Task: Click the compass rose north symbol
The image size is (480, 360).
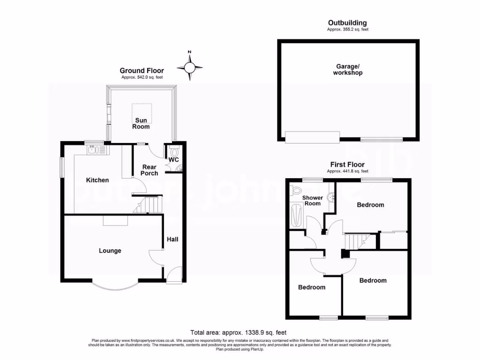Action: click(x=190, y=68)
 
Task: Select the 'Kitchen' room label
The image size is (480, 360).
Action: click(x=97, y=180)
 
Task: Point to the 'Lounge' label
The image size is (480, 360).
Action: click(x=110, y=251)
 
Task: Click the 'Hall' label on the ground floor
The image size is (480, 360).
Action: click(x=172, y=240)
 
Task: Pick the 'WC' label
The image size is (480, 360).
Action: click(x=174, y=160)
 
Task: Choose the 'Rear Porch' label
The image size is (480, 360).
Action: click(x=150, y=170)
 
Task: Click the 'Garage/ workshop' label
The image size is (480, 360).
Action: click(x=348, y=70)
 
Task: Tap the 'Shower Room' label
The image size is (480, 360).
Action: click(x=312, y=201)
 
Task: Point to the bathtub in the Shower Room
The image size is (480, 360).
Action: click(x=295, y=216)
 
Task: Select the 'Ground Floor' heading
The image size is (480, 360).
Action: click(x=142, y=71)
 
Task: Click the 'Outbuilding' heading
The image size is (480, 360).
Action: click(x=347, y=22)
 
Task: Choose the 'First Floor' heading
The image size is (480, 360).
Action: click(x=347, y=165)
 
